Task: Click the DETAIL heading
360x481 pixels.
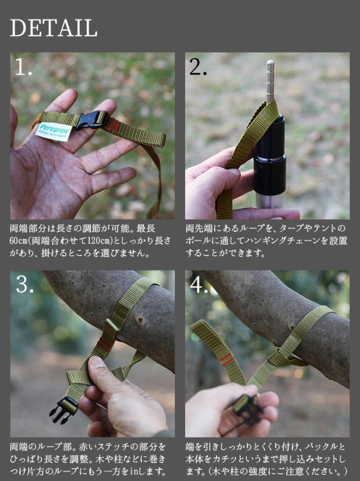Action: [x=53, y=28]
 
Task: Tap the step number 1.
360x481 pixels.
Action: [x=23, y=67]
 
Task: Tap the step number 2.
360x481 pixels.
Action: [x=198, y=67]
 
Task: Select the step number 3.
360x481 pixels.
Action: [x=25, y=284]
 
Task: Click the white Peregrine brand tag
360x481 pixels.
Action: [x=53, y=132]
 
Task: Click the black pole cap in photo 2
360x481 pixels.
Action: [x=269, y=156]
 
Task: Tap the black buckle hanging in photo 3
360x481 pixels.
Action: [x=64, y=410]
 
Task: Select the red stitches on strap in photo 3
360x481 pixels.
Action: [x=105, y=344]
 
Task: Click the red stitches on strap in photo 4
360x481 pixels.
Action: [x=227, y=359]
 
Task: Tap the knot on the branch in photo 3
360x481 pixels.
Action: [x=141, y=321]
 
